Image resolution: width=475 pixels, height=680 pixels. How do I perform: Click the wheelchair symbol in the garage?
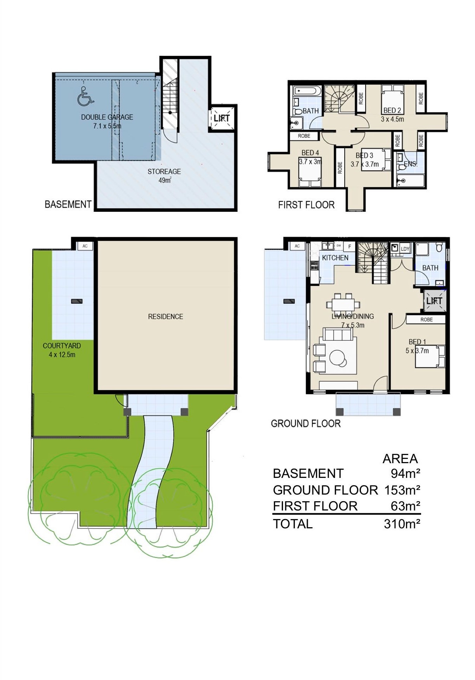(85, 96)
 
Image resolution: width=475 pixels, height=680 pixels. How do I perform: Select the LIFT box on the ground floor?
(434, 301)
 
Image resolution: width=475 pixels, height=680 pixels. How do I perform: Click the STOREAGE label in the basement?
(164, 171)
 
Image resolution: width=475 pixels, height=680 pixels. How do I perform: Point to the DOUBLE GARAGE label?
(107, 117)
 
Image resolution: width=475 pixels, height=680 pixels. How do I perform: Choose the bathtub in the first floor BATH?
(307, 91)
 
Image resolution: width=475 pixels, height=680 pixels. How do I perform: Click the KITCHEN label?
(335, 258)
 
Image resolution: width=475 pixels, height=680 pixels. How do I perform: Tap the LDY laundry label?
(405, 249)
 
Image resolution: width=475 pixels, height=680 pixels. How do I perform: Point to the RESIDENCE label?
(166, 317)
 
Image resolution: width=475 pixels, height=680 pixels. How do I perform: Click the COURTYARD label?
(62, 346)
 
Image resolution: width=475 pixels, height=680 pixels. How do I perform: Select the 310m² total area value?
(402, 524)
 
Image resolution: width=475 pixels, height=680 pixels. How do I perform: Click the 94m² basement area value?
(406, 474)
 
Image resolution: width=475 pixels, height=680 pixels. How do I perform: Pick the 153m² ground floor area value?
(402, 490)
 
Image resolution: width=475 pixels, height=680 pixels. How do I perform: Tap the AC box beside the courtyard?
(85, 246)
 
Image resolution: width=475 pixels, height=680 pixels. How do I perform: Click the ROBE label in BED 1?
(426, 320)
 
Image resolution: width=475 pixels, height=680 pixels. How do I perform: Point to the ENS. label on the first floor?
(411, 164)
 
